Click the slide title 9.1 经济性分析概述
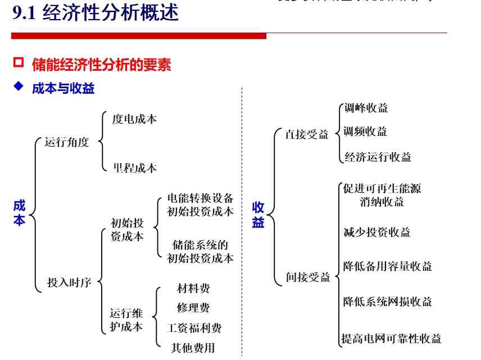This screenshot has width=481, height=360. [96, 13]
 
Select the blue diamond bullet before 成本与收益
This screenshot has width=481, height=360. [19, 87]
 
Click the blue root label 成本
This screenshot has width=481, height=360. [20, 213]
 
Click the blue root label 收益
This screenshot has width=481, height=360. [258, 215]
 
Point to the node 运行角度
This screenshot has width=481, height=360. [67, 142]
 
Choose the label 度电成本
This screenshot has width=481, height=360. [134, 119]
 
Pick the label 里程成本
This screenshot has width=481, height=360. [135, 168]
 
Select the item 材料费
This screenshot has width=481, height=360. [193, 289]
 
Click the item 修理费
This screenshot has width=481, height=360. [193, 308]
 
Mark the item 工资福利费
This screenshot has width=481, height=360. [193, 327]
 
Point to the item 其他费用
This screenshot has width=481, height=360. [193, 348]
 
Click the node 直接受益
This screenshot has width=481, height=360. [307, 135]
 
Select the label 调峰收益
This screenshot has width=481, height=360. [366, 108]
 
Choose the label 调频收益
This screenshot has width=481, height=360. [366, 131]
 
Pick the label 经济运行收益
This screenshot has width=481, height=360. [378, 157]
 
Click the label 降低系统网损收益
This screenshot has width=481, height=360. [388, 302]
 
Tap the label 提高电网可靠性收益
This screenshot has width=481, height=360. [392, 339]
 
